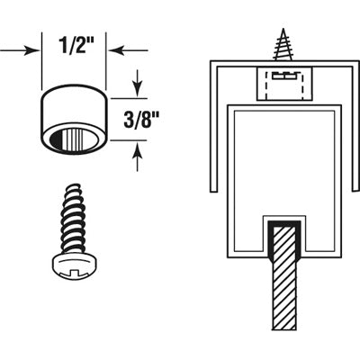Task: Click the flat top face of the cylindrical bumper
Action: [75, 94]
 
